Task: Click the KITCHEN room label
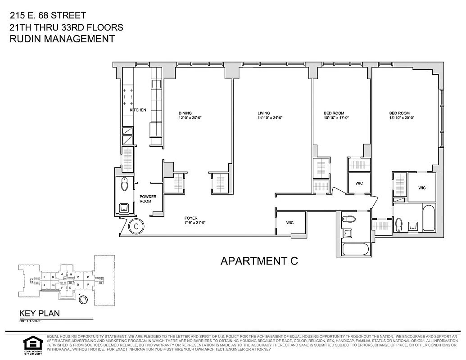point(138,110)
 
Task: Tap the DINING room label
point(185,113)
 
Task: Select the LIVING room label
point(264,113)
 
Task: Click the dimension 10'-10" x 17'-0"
point(336,118)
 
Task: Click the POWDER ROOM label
point(148,199)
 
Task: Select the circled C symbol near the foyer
point(136,226)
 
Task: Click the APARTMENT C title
point(259,261)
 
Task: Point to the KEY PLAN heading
point(39,314)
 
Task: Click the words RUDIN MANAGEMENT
point(62,39)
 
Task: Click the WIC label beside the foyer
point(290,223)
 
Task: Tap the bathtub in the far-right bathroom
point(429,218)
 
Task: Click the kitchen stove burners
point(127,96)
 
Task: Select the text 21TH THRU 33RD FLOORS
point(66,27)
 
